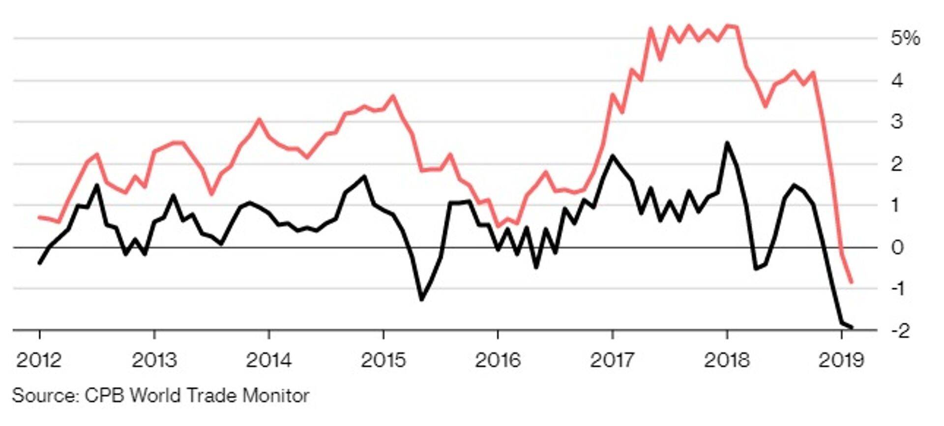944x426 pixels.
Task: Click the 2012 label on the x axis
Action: pyautogui.click(x=39, y=361)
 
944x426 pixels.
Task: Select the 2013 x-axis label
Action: pyautogui.click(x=154, y=361)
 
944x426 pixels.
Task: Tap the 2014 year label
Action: pyautogui.click(x=268, y=361)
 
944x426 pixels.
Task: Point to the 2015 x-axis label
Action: pyautogui.click(x=383, y=361)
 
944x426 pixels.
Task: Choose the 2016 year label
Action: pyautogui.click(x=498, y=361)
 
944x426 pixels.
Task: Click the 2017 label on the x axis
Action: pyautogui.click(x=612, y=361)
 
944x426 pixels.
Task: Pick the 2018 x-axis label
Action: pyautogui.click(x=727, y=361)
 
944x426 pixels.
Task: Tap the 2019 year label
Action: pyautogui.click(x=841, y=361)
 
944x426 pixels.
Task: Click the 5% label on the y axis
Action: pyautogui.click(x=905, y=38)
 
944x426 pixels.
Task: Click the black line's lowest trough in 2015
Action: pyautogui.click(x=421, y=299)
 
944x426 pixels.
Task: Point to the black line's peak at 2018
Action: pyautogui.click(x=727, y=143)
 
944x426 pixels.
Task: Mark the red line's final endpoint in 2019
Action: pyautogui.click(x=851, y=282)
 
